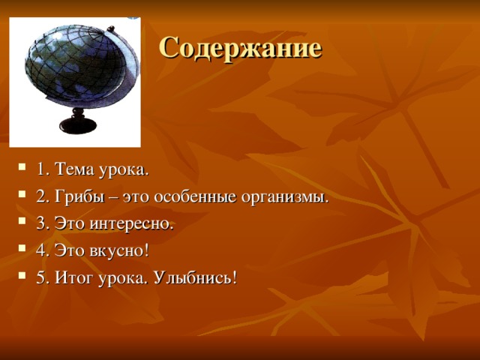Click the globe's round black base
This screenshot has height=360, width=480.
pyautogui.click(x=77, y=123)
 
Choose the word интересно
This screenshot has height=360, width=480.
pyautogui.click(x=136, y=224)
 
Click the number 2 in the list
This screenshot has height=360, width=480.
pyautogui.click(x=40, y=197)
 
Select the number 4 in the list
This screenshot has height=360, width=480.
pyautogui.click(x=40, y=251)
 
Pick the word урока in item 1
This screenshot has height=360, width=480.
pyautogui.click(x=124, y=170)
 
